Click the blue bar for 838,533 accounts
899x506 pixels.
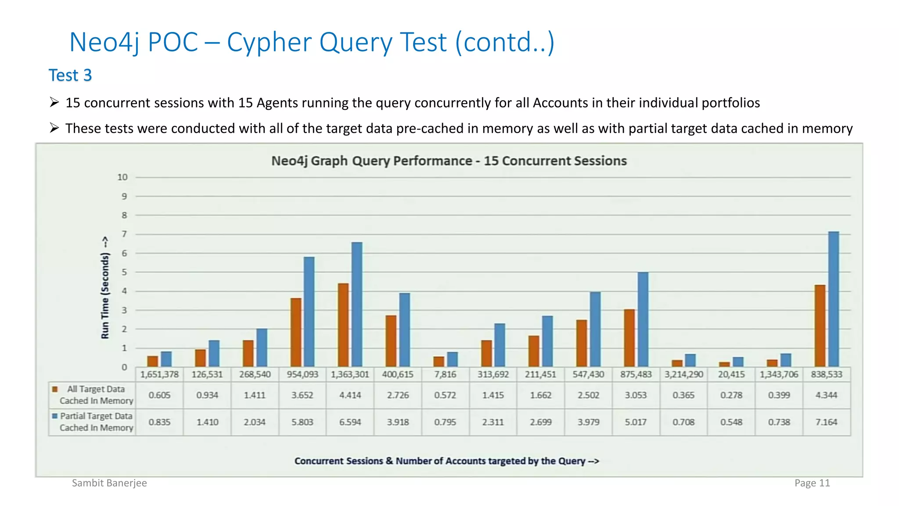coord(833,299)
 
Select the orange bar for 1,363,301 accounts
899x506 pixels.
coord(343,325)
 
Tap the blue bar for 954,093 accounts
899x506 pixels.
coord(309,312)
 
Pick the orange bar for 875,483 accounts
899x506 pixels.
coord(629,338)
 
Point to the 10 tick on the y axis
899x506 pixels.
coord(122,177)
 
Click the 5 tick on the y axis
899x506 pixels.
coord(124,272)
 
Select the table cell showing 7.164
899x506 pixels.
coord(826,422)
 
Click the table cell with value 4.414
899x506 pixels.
coord(350,395)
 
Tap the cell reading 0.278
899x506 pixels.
coord(731,395)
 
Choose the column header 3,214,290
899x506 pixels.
coord(683,375)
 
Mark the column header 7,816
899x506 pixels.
coord(445,375)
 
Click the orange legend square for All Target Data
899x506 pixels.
coord(55,389)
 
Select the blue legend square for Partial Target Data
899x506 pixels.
coord(55,416)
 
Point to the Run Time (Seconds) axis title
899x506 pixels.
coord(105,288)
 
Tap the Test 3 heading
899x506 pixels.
coord(70,75)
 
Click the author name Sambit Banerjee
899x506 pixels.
coord(109,483)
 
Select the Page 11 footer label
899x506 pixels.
coord(812,483)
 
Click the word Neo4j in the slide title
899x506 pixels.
coord(104,43)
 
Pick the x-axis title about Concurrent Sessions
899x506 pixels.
coord(446,461)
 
